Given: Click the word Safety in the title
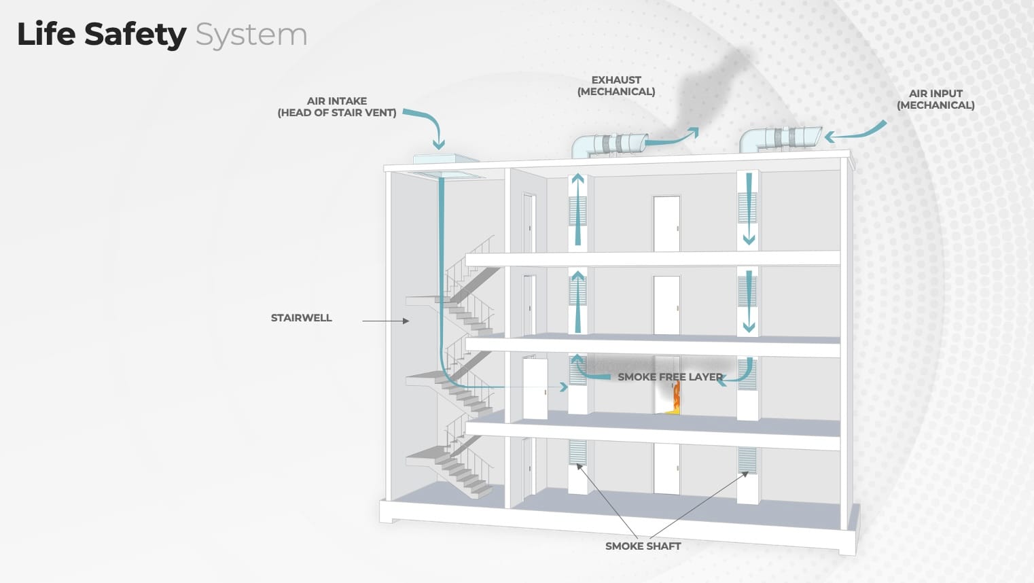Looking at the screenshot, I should [135, 35].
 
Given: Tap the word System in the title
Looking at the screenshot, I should [251, 35].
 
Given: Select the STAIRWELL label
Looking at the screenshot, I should [301, 318].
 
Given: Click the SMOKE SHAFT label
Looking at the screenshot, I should [643, 546].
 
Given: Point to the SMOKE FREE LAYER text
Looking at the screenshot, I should [670, 377].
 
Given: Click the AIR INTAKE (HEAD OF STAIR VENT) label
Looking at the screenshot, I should [336, 107].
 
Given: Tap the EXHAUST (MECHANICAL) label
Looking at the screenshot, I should [616, 86].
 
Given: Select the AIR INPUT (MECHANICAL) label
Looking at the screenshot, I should [935, 99].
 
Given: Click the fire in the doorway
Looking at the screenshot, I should [675, 397].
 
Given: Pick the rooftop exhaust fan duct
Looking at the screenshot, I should [610, 144].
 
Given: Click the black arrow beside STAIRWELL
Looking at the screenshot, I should [385, 321].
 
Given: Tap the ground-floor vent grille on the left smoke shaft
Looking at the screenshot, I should [577, 452].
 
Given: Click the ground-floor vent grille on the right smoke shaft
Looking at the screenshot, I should [747, 460].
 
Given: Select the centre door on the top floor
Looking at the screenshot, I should [666, 224].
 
